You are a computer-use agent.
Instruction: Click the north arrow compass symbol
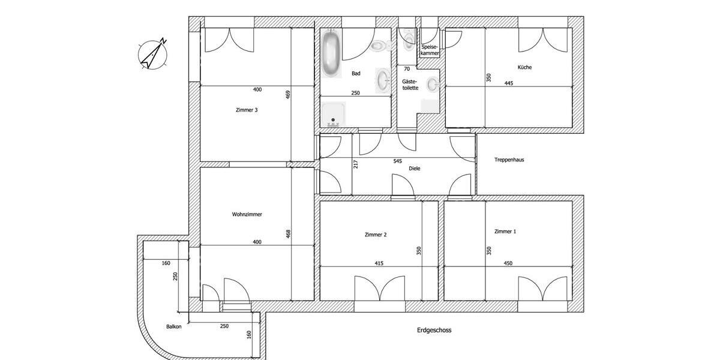click(153, 54)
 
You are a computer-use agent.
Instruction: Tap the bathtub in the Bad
click(331, 54)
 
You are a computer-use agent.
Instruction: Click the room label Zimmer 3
click(247, 110)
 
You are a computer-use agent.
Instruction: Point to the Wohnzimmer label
click(247, 214)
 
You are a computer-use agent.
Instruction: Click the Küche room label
click(525, 67)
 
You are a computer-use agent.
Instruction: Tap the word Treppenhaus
click(509, 160)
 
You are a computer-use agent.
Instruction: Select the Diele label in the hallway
click(415, 169)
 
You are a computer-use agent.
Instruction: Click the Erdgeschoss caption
click(434, 330)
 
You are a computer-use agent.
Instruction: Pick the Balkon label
click(174, 327)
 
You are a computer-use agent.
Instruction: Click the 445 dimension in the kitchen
click(509, 83)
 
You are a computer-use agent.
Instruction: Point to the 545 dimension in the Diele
click(397, 161)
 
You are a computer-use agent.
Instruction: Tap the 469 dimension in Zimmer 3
click(287, 95)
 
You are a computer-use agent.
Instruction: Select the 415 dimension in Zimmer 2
click(379, 263)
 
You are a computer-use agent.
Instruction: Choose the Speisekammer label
click(430, 50)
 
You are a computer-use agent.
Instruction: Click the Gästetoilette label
click(410, 84)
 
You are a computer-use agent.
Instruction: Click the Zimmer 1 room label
click(505, 231)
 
